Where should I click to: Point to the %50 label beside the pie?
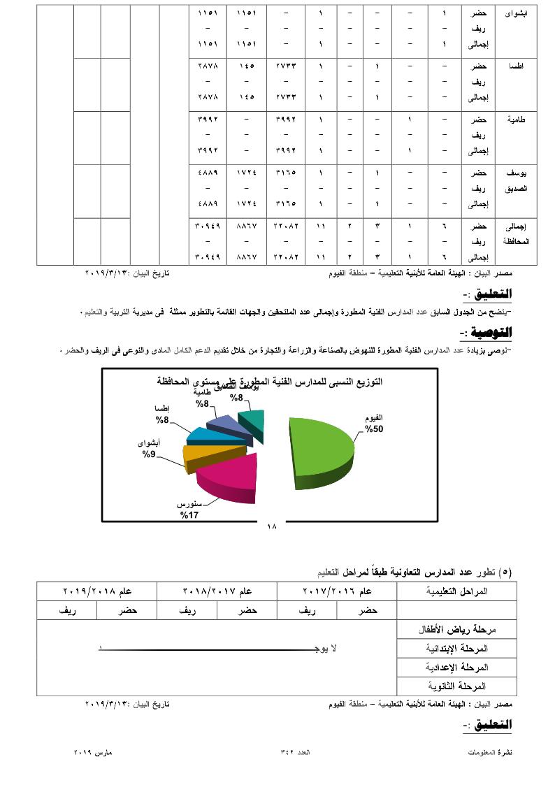(x=373, y=429)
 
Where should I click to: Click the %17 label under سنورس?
(x=189, y=515)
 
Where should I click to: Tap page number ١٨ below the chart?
(x=272, y=526)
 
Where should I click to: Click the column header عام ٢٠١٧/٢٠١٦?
(x=337, y=591)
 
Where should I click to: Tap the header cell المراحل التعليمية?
(x=457, y=591)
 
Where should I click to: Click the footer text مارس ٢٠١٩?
(x=94, y=752)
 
